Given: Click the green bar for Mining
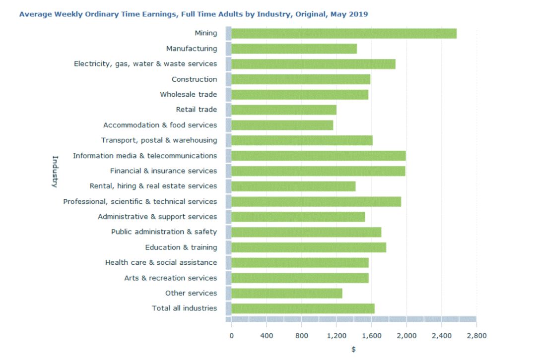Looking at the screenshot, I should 343,34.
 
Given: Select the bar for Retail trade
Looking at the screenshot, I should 283,110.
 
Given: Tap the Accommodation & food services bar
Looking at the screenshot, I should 282,125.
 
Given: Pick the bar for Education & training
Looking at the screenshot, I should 308,247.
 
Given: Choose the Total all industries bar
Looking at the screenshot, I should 303,308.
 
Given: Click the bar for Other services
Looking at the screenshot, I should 286,293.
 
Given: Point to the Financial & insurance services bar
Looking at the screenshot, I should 318,171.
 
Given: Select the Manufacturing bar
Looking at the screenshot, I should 294,49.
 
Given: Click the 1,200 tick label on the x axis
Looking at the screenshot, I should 336,336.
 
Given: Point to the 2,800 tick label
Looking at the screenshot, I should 476,336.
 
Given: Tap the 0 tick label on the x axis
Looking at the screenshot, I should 231,336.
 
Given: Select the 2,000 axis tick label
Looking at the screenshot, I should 406,336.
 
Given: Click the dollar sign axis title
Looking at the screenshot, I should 353,350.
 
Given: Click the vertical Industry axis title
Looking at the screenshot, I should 55,172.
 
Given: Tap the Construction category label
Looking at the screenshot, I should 194,79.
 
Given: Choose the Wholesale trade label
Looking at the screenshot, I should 188,94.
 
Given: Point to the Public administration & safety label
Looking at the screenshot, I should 164,232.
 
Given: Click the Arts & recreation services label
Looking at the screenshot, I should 170,278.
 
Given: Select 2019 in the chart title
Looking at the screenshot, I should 359,14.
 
